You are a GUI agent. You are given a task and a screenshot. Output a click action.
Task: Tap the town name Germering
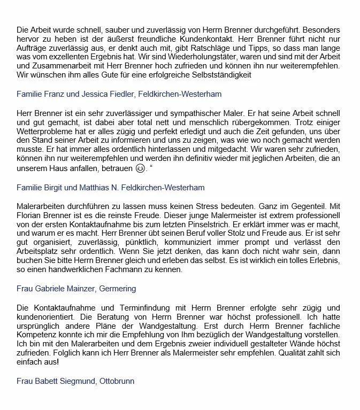(120, 289)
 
